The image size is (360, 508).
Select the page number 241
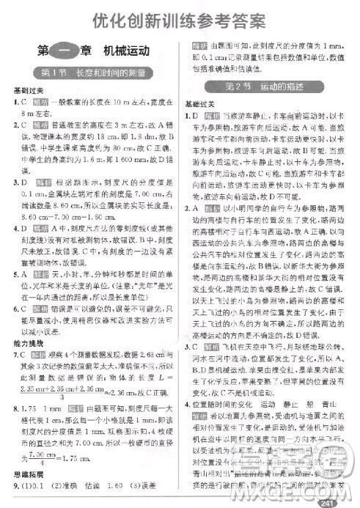tap(337, 500)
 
